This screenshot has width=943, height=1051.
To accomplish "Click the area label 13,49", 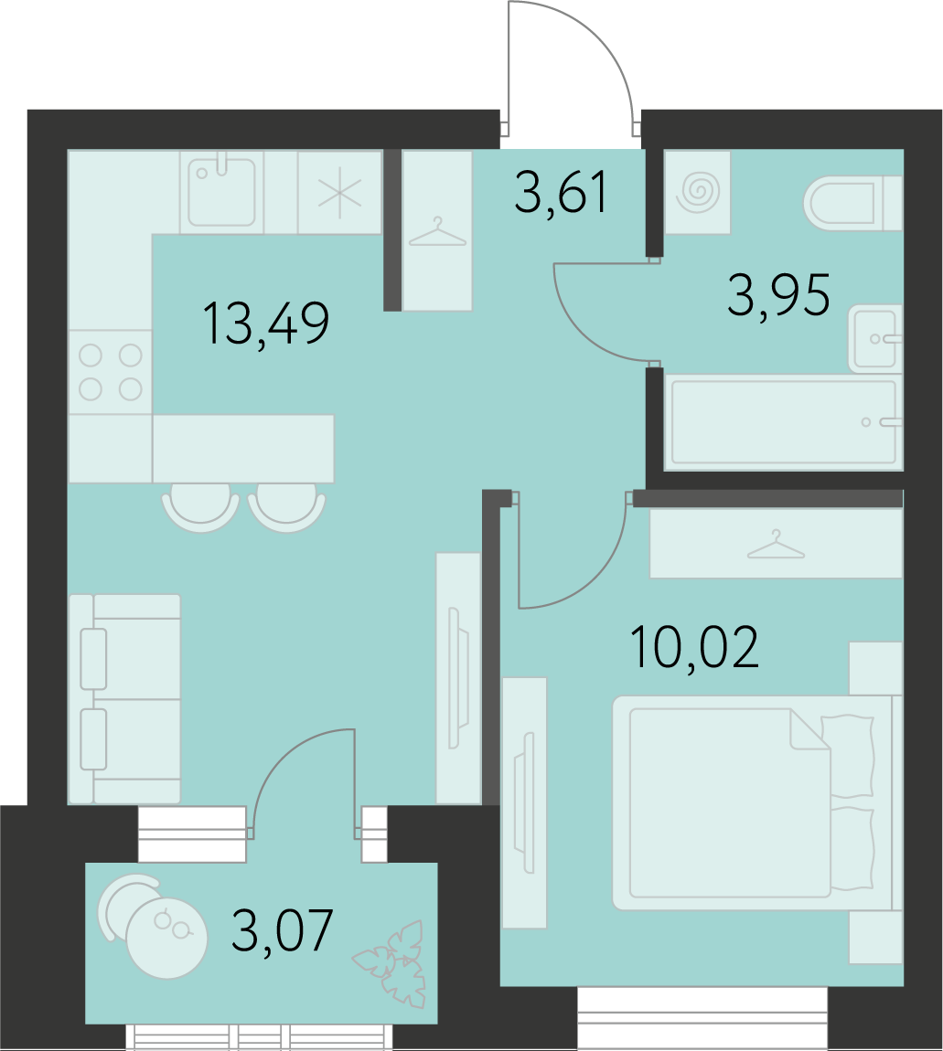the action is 266,324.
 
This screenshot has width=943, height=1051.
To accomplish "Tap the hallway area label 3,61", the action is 562,192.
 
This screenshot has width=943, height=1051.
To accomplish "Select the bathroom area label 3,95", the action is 778,295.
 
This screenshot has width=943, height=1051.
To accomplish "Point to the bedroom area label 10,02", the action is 695,647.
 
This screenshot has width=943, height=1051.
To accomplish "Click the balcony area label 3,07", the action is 283,930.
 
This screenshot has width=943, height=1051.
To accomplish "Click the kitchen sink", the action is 221,192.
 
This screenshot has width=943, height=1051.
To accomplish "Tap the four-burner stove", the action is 111,372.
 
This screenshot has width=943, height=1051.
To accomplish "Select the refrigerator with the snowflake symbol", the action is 340,192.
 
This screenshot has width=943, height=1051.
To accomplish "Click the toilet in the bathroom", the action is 852,202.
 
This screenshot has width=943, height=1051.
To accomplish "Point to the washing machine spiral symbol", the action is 698,192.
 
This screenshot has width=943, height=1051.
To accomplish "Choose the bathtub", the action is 783,422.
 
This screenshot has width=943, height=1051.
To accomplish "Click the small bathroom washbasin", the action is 875,338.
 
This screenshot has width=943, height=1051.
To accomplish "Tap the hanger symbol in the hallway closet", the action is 437,232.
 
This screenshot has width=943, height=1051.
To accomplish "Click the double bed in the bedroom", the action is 757,802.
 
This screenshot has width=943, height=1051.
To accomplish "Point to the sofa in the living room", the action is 124,699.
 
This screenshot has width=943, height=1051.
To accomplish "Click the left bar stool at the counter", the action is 200,513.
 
